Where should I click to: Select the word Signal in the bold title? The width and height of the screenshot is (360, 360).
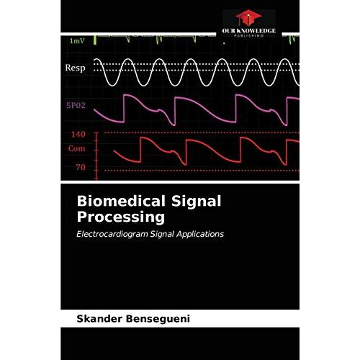click(197, 202)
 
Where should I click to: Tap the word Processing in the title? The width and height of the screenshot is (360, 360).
click(121, 218)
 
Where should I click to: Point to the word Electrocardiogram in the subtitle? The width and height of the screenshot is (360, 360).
click(112, 234)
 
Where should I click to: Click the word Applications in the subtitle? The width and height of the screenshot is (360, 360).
click(200, 235)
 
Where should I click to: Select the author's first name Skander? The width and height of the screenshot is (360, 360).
click(99, 319)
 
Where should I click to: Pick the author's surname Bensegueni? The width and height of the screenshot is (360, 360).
click(158, 319)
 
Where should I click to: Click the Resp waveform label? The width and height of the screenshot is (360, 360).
click(75, 68)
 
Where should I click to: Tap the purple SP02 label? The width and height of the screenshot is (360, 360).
click(76, 105)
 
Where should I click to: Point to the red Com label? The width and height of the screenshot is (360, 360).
click(76, 148)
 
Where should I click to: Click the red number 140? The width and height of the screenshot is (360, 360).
click(78, 135)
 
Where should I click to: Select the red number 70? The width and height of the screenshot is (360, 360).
click(81, 167)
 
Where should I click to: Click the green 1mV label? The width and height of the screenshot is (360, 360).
click(77, 41)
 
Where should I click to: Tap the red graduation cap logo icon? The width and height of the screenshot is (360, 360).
click(248, 17)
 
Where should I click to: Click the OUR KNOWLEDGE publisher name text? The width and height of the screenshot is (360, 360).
click(248, 31)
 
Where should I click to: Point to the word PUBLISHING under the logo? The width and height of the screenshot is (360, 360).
click(248, 35)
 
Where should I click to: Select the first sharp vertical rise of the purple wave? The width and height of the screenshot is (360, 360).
click(124, 109)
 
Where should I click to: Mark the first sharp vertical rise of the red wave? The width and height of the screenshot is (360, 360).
click(141, 150)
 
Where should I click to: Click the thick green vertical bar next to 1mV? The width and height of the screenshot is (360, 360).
click(95, 40)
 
